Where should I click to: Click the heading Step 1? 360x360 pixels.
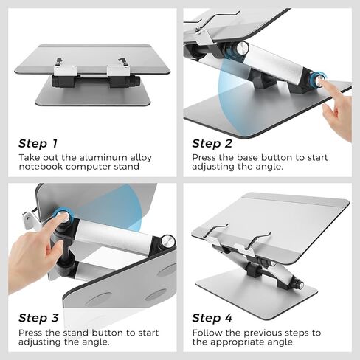click(38, 143)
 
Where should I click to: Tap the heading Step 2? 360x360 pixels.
click(212, 143)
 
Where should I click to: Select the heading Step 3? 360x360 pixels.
click(38, 318)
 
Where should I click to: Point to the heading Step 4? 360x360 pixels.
click(212, 318)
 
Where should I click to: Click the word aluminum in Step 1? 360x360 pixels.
click(101, 157)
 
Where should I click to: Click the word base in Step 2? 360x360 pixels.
click(244, 157)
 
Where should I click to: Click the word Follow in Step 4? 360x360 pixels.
click(207, 333)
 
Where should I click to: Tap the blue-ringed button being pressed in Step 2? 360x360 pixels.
click(317, 79)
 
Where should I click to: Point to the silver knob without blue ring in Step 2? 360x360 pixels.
click(241, 48)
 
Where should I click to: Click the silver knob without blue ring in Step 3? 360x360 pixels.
click(168, 241)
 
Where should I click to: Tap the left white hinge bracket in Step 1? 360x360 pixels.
click(66, 71)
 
